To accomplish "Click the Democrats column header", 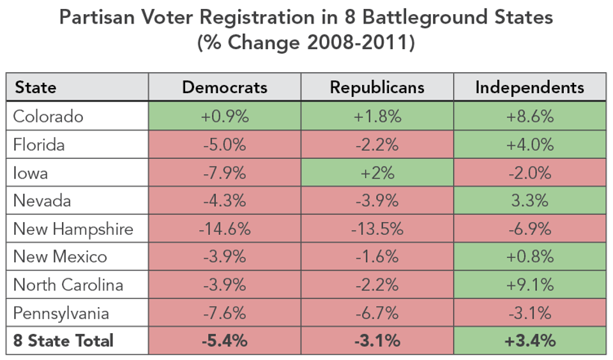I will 225,87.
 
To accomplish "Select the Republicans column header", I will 377,87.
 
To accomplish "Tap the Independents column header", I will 529,87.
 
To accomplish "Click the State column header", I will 36,87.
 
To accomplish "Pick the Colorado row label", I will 49,116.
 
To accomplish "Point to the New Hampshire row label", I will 73,229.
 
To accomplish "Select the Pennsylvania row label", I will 61,313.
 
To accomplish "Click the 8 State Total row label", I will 63,341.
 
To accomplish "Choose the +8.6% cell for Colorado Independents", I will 529,116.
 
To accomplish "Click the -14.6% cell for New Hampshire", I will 225,229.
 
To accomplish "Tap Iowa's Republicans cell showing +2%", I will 377,172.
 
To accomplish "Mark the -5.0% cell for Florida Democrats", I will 225,144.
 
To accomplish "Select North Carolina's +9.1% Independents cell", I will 529,285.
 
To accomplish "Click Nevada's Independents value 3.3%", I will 529,200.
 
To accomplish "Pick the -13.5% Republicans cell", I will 377,229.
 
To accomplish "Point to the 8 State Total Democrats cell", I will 225,341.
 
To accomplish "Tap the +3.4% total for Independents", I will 529,341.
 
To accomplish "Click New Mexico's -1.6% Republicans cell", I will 377,257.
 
